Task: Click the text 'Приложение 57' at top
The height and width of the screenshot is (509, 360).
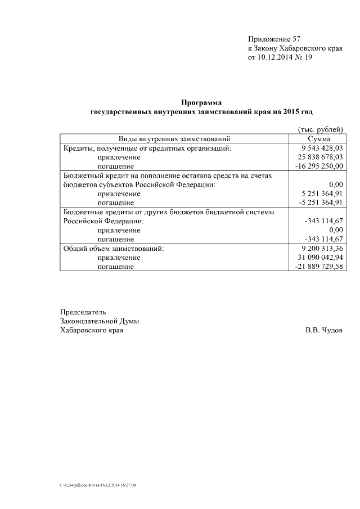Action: pyautogui.click(x=274, y=39)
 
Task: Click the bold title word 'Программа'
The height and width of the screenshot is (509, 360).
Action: pyautogui.click(x=201, y=102)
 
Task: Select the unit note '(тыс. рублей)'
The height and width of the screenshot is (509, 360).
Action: pyautogui.click(x=320, y=129)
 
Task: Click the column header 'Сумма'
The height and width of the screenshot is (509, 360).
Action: pyautogui.click(x=319, y=139)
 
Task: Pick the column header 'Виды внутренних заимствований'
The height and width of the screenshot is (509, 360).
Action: pyautogui.click(x=174, y=139)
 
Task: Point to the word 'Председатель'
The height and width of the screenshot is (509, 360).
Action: pyautogui.click(x=83, y=312)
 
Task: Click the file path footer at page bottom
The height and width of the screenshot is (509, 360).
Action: pyautogui.click(x=98, y=484)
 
